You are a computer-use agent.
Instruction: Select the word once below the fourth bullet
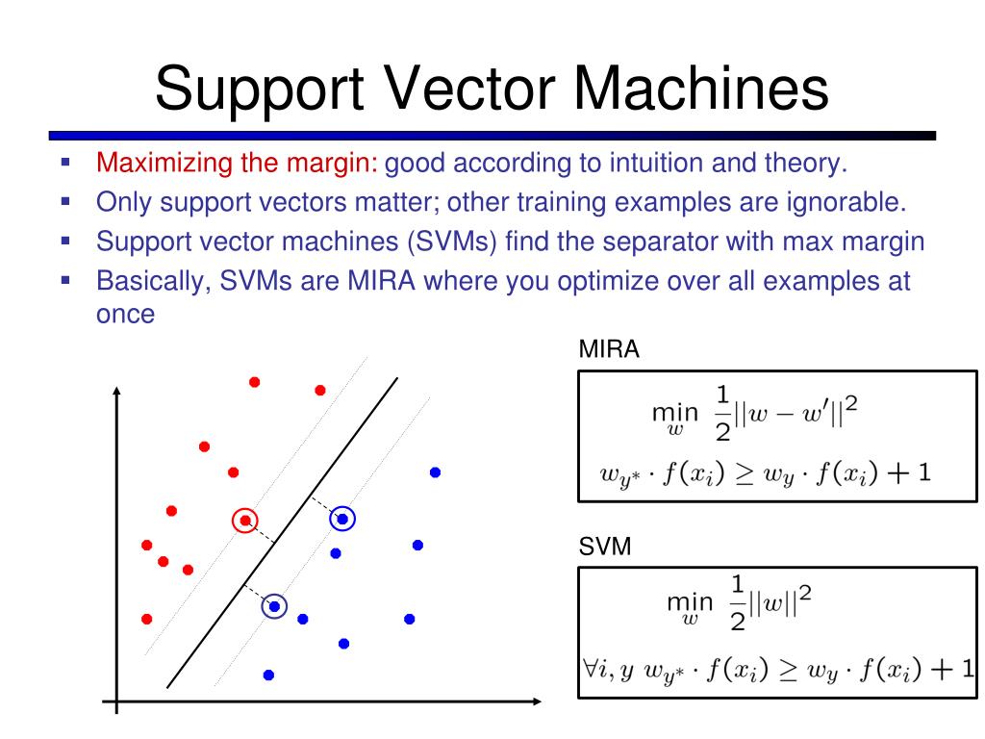pos(126,314)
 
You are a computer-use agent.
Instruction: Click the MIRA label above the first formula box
pos(608,350)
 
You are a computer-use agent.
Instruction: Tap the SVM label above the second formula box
pos(604,548)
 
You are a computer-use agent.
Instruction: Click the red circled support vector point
pos(245,521)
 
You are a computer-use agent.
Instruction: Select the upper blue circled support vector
pos(341,520)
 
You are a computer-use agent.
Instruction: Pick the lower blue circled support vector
pos(274,606)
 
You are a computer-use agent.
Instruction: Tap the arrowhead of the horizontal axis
pos(537,703)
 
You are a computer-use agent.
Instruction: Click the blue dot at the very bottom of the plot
pos(268,675)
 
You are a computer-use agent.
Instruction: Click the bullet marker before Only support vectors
pos(65,202)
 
